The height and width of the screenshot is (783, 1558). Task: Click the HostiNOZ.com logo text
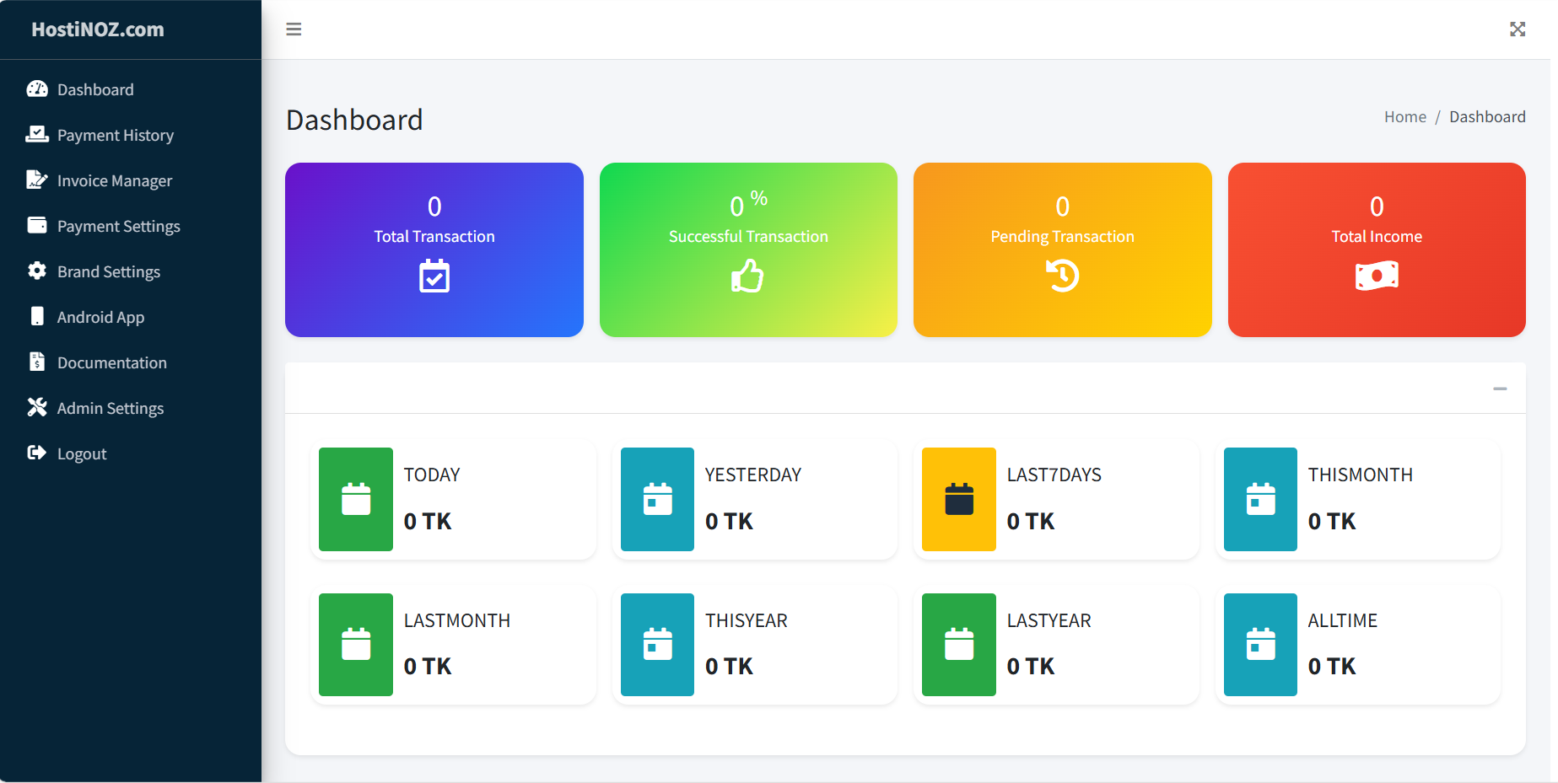(98, 29)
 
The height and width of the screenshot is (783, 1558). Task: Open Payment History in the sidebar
(115, 136)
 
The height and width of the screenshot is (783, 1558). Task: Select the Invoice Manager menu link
(114, 181)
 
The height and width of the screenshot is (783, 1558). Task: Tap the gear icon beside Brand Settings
(37, 271)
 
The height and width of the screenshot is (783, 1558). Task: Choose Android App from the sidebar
(100, 318)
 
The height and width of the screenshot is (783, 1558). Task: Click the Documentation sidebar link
(111, 363)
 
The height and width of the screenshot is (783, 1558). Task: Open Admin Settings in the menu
(110, 409)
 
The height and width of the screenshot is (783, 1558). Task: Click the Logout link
(81, 454)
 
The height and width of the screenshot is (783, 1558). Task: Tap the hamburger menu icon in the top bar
(294, 29)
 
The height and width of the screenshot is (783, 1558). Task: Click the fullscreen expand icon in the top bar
(1518, 29)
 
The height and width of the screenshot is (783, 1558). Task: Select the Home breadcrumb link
(1404, 117)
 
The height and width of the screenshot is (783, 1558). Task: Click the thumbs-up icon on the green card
(747, 276)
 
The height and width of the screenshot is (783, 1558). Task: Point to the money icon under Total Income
(1377, 276)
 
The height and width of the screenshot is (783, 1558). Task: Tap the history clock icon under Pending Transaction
(1062, 276)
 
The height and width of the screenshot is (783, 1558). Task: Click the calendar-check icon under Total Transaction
(434, 276)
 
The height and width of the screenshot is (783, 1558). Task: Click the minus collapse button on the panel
(1500, 389)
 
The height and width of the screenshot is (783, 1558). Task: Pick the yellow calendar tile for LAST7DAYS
(959, 499)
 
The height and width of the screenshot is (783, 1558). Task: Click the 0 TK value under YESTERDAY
(729, 522)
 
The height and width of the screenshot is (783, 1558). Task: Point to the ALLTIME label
(1342, 621)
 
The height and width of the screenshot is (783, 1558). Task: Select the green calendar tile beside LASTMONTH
(356, 645)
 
